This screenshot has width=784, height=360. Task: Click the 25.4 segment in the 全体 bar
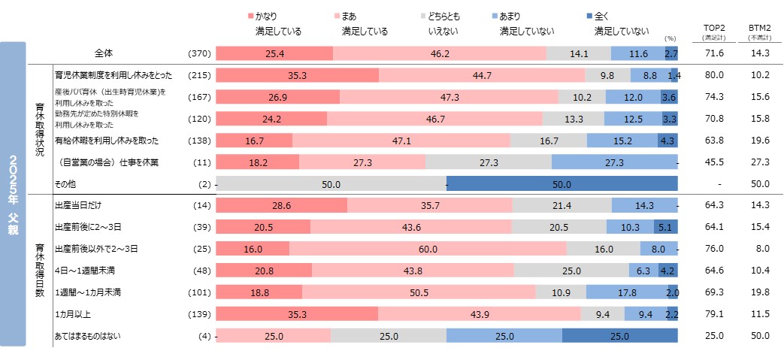[x=274, y=53]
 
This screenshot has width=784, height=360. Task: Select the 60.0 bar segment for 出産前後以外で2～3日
[x=428, y=249]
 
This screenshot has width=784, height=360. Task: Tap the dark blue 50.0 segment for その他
[x=562, y=184]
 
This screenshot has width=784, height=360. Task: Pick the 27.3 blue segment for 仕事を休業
[x=614, y=162]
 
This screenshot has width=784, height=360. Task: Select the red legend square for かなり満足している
[x=251, y=16]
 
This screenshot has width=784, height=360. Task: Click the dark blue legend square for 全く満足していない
[x=589, y=16]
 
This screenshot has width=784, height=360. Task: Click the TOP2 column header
[x=714, y=29]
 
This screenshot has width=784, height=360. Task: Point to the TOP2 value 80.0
[x=714, y=75]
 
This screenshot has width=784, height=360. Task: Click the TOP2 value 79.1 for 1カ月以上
[x=714, y=314]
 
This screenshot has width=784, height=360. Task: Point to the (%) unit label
[x=670, y=38]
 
